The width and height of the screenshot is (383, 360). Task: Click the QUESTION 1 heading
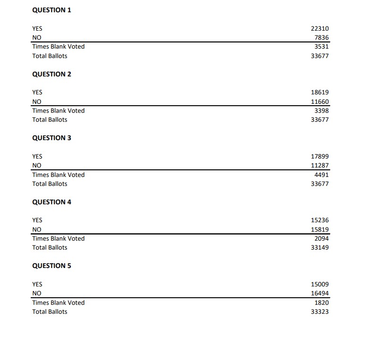pyautogui.click(x=51, y=10)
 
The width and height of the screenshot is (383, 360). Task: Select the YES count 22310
pyautogui.click(x=320, y=29)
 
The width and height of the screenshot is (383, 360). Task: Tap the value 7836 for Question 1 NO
pyautogui.click(x=321, y=38)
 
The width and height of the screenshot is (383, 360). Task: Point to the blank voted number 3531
pyautogui.click(x=321, y=47)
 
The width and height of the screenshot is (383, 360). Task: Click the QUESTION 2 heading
pyautogui.click(x=51, y=74)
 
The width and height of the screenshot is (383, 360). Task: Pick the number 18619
pyautogui.click(x=320, y=92)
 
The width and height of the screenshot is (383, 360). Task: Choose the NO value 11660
pyautogui.click(x=320, y=101)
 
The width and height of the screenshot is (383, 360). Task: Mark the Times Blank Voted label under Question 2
pyautogui.click(x=58, y=110)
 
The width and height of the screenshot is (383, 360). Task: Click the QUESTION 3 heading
pyautogui.click(x=51, y=138)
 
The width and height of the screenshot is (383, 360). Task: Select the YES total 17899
pyautogui.click(x=320, y=157)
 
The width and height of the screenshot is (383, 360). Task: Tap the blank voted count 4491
pyautogui.click(x=321, y=175)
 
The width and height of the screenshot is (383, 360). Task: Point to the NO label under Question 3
pyautogui.click(x=36, y=166)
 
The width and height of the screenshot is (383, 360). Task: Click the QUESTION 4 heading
pyautogui.click(x=51, y=202)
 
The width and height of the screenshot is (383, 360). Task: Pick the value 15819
pyautogui.click(x=320, y=229)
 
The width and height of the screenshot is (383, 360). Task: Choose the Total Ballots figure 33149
pyautogui.click(x=320, y=248)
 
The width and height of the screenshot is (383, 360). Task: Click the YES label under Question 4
pyautogui.click(x=37, y=220)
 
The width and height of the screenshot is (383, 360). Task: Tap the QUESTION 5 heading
pyautogui.click(x=51, y=266)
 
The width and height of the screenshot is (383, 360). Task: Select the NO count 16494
pyautogui.click(x=320, y=293)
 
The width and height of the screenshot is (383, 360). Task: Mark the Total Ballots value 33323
pyautogui.click(x=320, y=312)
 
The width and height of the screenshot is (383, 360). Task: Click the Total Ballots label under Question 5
pyautogui.click(x=50, y=312)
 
